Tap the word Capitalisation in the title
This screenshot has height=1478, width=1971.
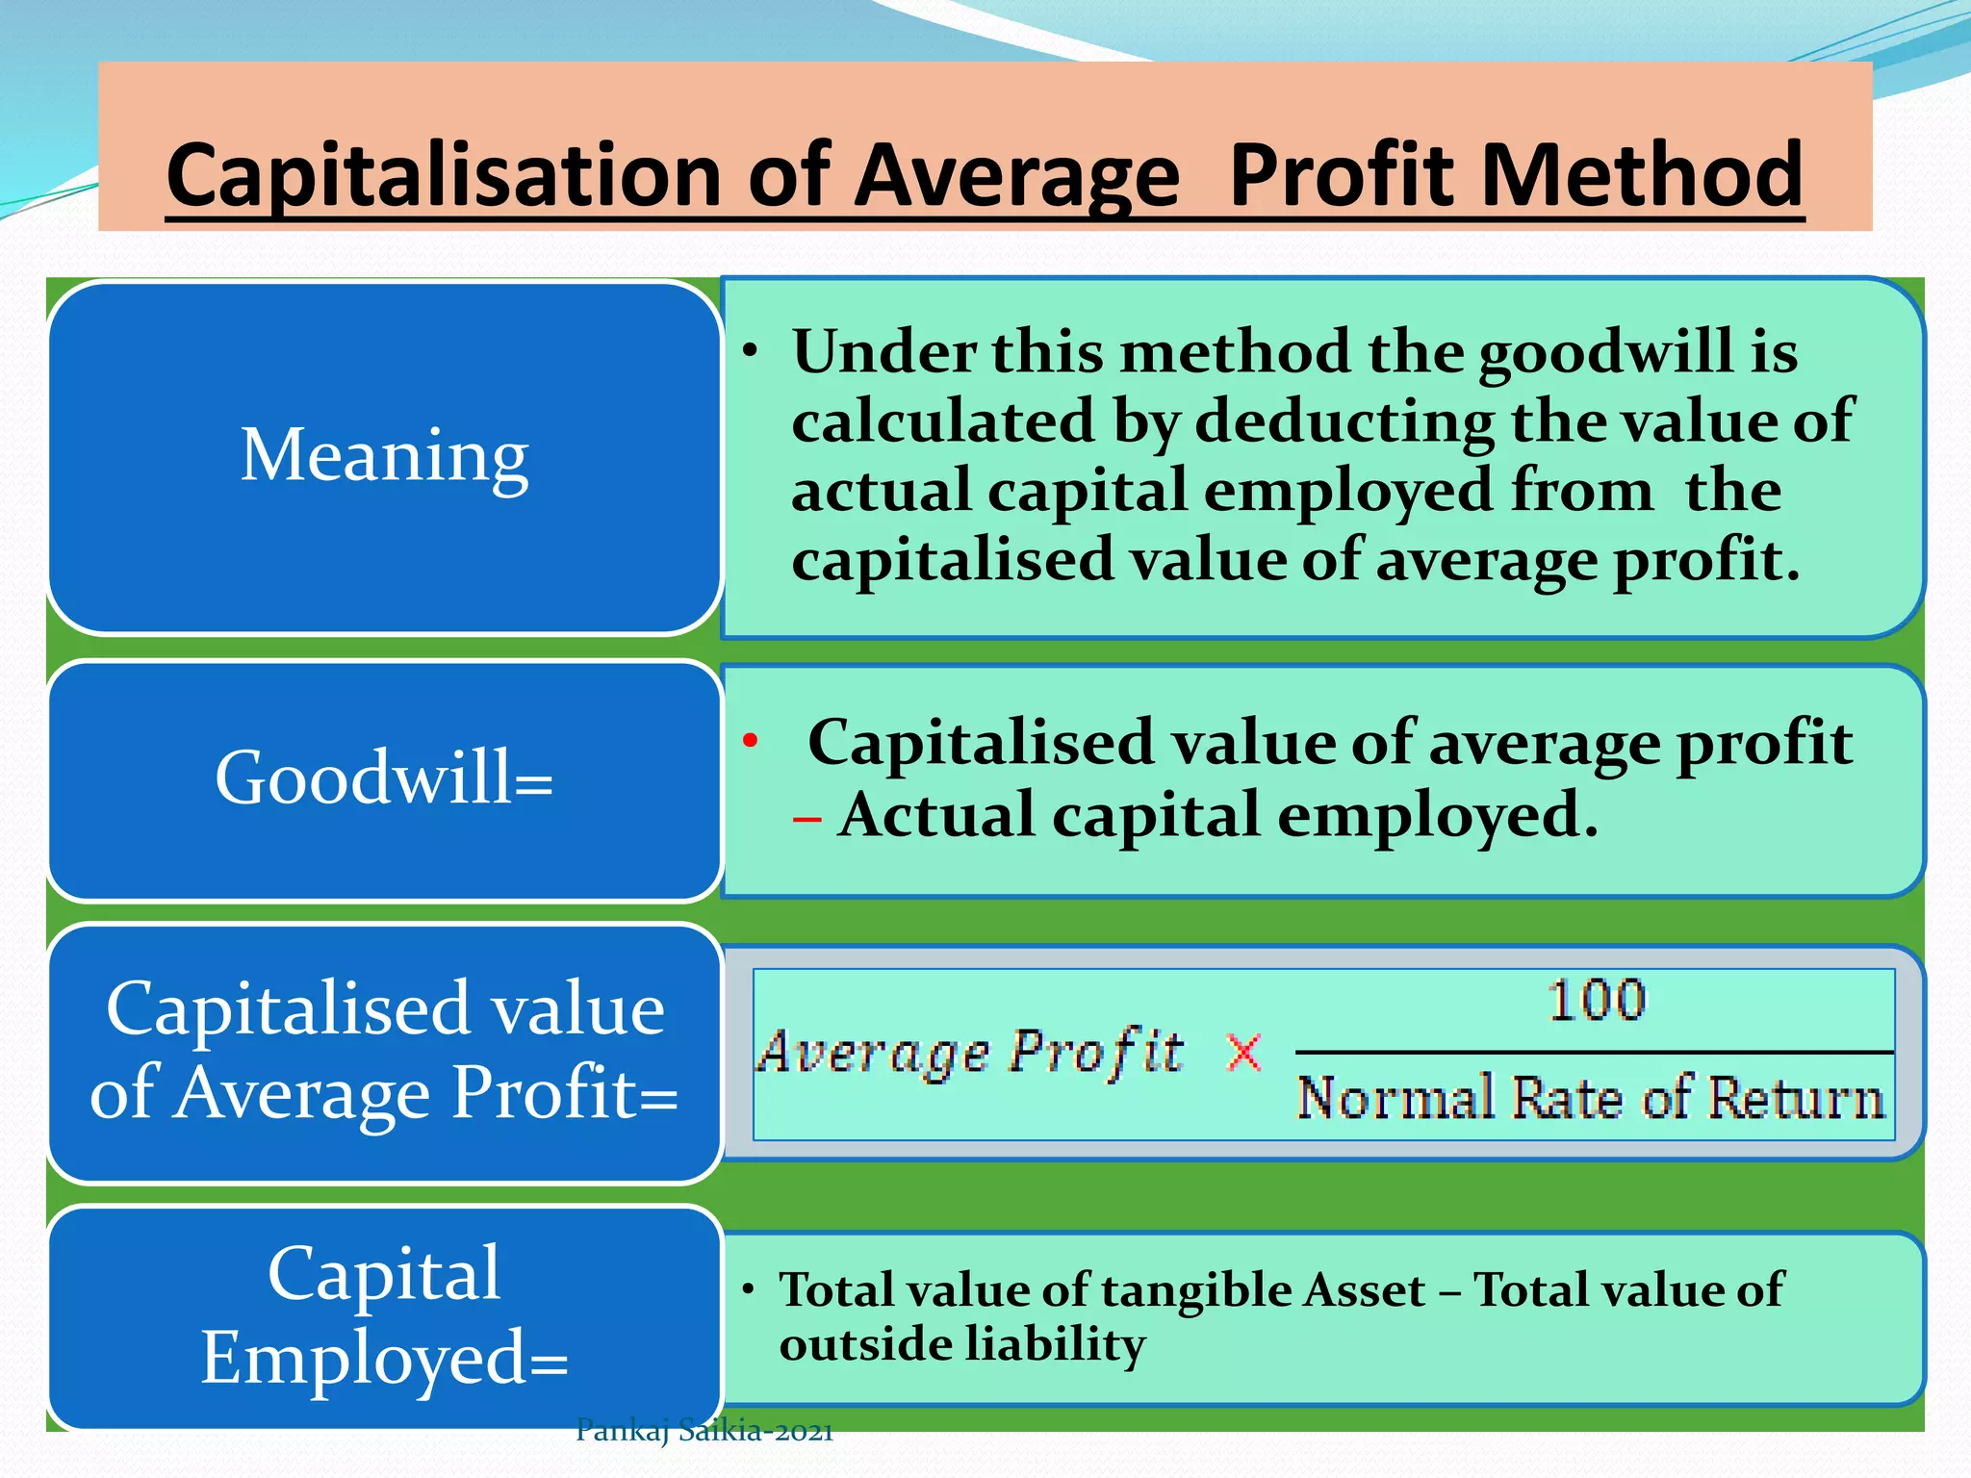click(444, 177)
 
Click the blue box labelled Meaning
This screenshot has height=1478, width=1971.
click(384, 456)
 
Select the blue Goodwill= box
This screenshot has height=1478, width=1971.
click(384, 778)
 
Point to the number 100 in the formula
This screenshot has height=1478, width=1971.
click(1597, 1001)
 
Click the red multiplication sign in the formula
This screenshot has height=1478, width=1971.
click(1244, 1053)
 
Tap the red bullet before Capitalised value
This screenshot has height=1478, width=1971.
click(751, 741)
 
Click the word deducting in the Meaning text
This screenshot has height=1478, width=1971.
click(1344, 421)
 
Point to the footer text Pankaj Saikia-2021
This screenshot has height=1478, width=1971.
click(704, 1432)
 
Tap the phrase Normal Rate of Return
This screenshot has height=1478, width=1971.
click(1590, 1099)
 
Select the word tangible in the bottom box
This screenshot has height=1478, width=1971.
click(1198, 1290)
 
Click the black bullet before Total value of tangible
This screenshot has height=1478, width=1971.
click(748, 1289)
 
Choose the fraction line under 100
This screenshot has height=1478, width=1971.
click(1594, 1053)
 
